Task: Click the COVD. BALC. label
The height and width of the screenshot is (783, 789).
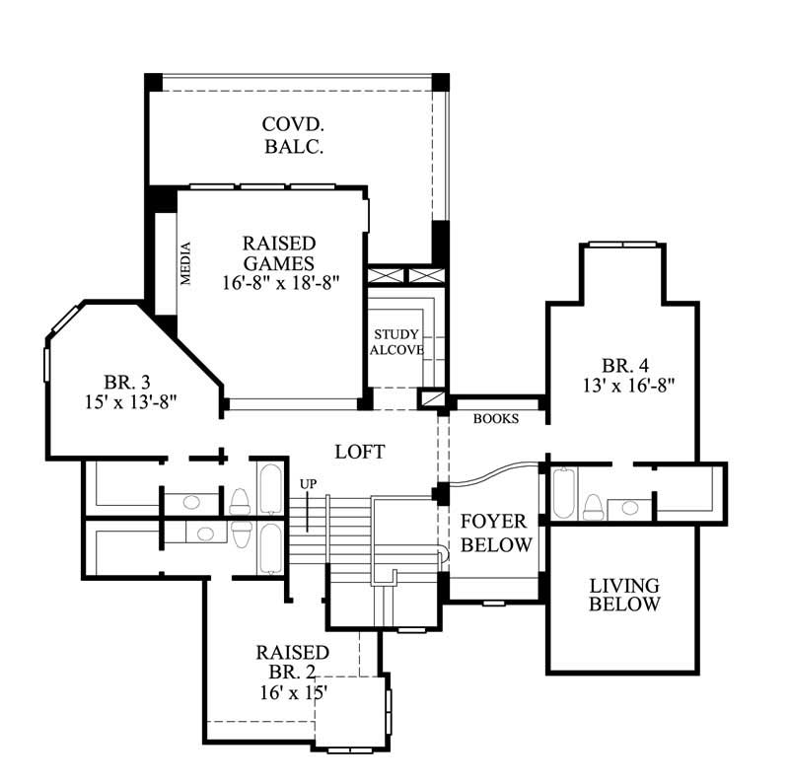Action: coord(294,136)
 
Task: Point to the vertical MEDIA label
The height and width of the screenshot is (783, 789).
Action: coord(184,263)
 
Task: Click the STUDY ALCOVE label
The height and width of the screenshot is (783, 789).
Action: coord(396,342)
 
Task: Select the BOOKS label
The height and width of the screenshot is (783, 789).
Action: coord(496,419)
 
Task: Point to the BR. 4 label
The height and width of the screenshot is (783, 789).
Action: coord(625,361)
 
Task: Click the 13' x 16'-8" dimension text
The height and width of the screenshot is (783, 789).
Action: coord(625,381)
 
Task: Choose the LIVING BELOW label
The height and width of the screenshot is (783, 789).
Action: coord(624,595)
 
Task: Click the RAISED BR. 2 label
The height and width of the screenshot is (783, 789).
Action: coord(292,663)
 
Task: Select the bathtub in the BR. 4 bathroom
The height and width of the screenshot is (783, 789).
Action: coord(564,494)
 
